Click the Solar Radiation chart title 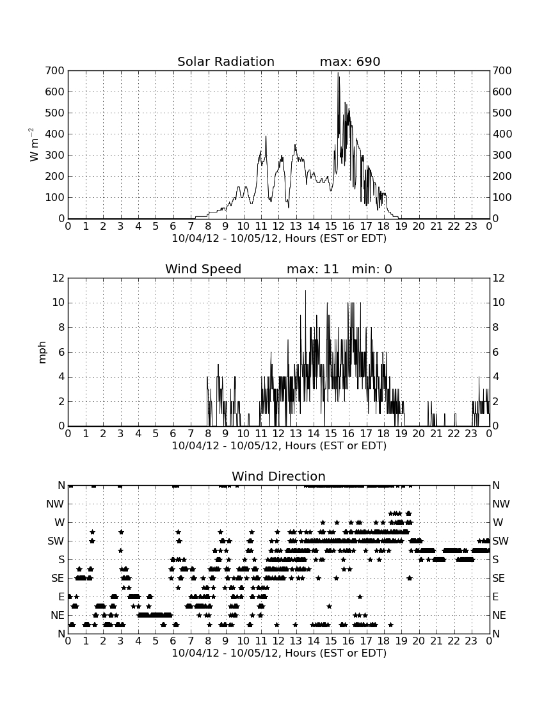click(226, 61)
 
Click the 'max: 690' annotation click(350, 61)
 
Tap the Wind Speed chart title click(204, 269)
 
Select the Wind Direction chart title click(279, 476)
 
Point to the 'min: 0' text click(372, 269)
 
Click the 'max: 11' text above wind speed click(312, 269)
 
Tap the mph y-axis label click(42, 353)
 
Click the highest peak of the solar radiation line click(338, 73)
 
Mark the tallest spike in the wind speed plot click(306, 291)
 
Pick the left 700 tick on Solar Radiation click(55, 70)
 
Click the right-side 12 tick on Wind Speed click(499, 278)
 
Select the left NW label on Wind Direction click(55, 504)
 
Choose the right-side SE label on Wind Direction click(499, 579)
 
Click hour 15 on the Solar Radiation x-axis click(331, 226)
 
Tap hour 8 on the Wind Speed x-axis click(208, 433)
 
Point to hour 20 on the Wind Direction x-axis click(419, 641)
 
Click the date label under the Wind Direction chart click(279, 653)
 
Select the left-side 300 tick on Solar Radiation click(55, 156)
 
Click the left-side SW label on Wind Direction click(56, 541)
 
